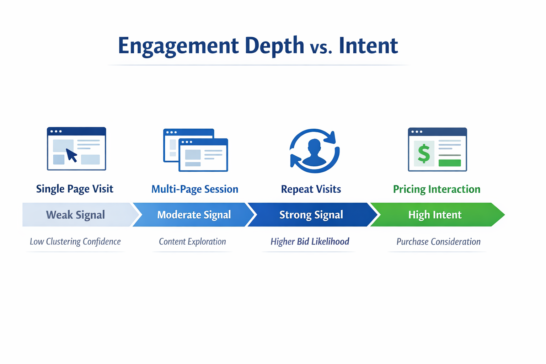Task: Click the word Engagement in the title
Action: (178, 46)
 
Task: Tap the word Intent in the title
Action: (368, 46)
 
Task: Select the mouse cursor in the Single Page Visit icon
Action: (71, 155)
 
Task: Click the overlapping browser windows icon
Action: (196, 150)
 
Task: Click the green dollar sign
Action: (424, 154)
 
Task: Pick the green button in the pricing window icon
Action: (449, 163)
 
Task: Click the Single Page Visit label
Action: (75, 189)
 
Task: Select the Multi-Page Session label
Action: (195, 189)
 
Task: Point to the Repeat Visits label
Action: (311, 189)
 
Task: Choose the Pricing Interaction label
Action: (437, 189)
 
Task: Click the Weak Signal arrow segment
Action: (75, 215)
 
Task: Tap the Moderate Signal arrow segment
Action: (194, 215)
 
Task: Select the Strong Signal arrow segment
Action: (311, 215)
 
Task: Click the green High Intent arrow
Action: (435, 215)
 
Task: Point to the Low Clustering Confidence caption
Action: (75, 242)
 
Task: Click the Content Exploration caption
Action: (192, 242)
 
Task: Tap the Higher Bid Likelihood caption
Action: (310, 242)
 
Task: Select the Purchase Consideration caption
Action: (438, 242)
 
